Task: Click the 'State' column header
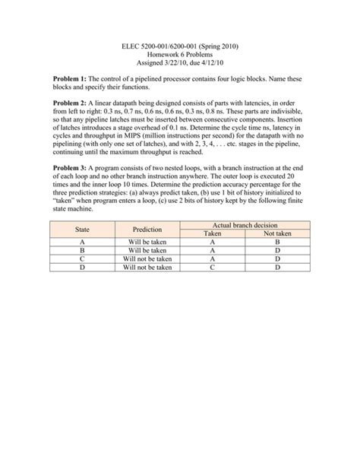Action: point(82,230)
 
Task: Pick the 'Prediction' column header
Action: point(147,230)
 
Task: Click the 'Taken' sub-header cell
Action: point(213,234)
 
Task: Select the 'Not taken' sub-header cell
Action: point(277,234)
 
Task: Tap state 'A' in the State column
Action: point(81,243)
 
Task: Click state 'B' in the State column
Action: point(81,251)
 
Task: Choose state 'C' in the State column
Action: point(81,259)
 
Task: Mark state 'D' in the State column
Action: point(81,268)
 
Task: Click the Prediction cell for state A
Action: point(147,243)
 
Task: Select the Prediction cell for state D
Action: point(147,268)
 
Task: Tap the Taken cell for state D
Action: point(213,268)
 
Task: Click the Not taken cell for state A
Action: point(277,243)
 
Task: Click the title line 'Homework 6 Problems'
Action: point(180,55)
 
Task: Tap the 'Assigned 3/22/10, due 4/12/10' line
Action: point(180,65)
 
